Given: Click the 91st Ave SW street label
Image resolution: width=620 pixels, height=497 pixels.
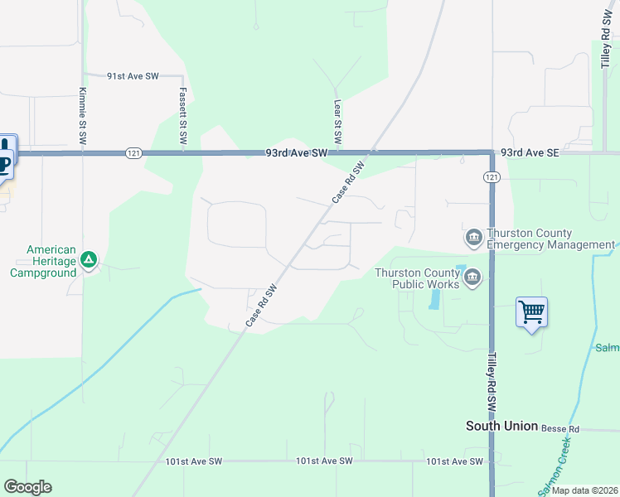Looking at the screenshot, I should [133, 75].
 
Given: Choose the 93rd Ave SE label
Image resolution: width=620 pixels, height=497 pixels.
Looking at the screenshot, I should [530, 153].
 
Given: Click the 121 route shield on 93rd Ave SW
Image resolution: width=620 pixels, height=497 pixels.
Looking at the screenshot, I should [133, 153].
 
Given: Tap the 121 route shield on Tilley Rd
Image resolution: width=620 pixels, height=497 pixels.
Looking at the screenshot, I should [492, 177].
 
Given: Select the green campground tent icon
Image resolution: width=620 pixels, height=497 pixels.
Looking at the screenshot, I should [89, 260].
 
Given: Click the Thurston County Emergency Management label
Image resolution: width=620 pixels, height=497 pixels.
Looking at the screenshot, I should [550, 239].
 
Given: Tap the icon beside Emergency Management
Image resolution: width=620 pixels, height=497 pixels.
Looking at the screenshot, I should [473, 239].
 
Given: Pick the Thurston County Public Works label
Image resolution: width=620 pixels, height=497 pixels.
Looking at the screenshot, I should [417, 277].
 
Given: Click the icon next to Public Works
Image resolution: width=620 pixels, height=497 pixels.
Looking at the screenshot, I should [472, 277].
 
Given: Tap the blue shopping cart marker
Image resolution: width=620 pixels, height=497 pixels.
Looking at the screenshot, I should [531, 312].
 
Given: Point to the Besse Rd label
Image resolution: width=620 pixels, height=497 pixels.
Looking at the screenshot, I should [560, 429].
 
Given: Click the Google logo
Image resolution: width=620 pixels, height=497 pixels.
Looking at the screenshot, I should [27, 487].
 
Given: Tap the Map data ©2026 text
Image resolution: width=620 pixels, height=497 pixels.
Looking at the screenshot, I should [584, 490].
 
